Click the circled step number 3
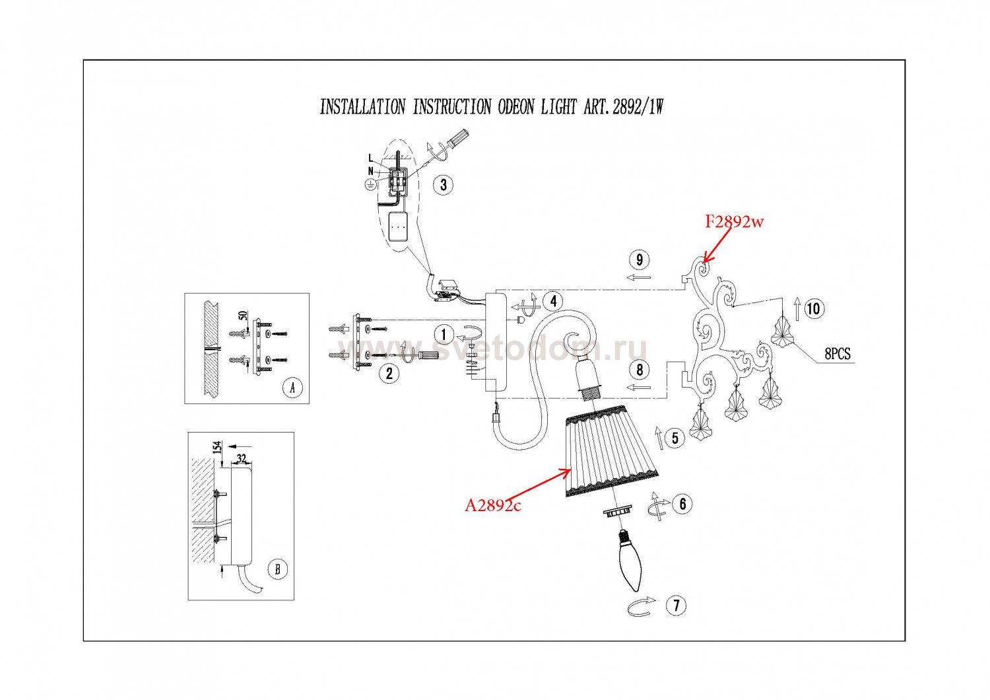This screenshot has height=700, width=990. click(x=444, y=185)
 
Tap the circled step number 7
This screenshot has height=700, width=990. click(x=676, y=605)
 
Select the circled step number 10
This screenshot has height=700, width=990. click(x=814, y=308)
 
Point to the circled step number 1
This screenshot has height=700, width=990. click(x=444, y=335)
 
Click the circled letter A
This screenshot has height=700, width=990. click(x=292, y=388)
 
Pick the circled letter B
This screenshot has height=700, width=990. click(x=278, y=569)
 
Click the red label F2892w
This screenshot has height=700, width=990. click(x=733, y=222)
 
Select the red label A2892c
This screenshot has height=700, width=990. click(x=493, y=506)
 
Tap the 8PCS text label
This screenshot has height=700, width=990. click(x=838, y=355)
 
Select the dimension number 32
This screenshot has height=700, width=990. click(x=241, y=457)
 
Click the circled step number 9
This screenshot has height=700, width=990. click(x=639, y=260)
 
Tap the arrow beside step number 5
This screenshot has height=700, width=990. click(x=659, y=437)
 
